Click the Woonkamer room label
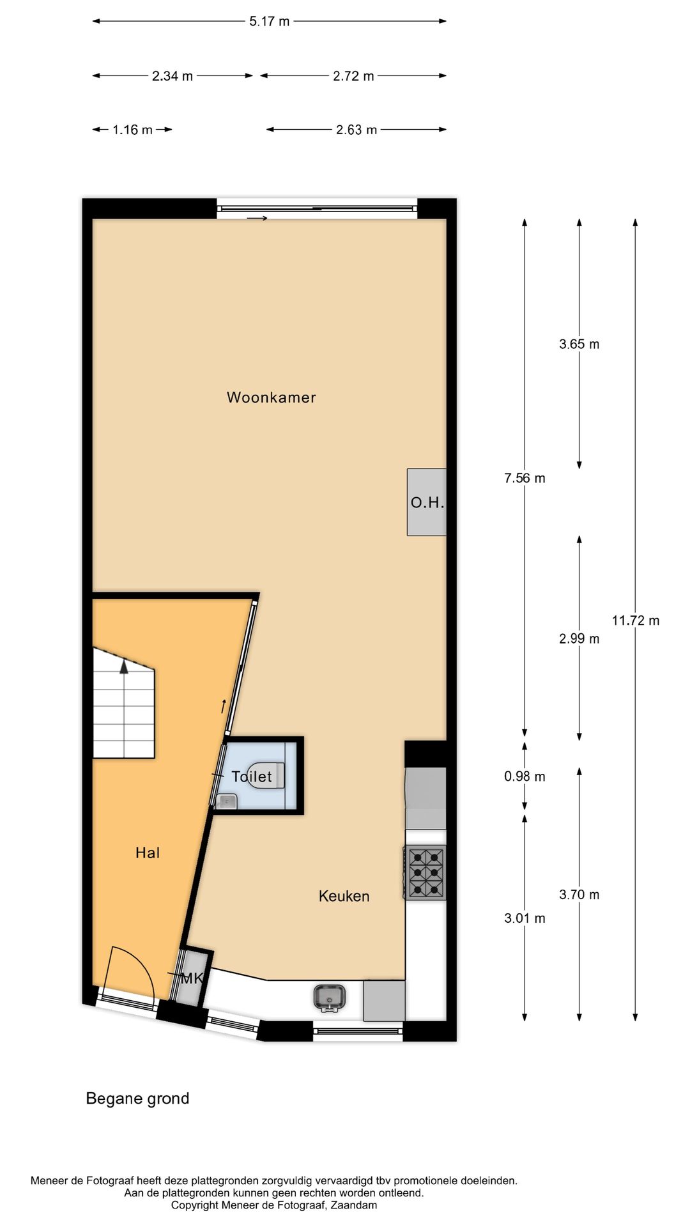(x=271, y=397)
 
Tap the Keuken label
(x=344, y=896)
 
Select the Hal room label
(x=148, y=853)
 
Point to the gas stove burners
(x=425, y=872)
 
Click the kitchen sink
(x=329, y=998)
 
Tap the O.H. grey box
(x=427, y=502)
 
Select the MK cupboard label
(x=191, y=978)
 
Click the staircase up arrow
(x=123, y=667)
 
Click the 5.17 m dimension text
(x=269, y=21)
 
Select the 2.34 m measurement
(x=172, y=76)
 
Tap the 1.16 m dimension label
(x=132, y=130)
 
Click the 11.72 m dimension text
(x=635, y=620)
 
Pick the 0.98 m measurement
(x=525, y=776)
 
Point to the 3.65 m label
(x=579, y=344)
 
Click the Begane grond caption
(x=137, y=1099)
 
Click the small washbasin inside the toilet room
(x=227, y=801)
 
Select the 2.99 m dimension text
(x=579, y=638)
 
